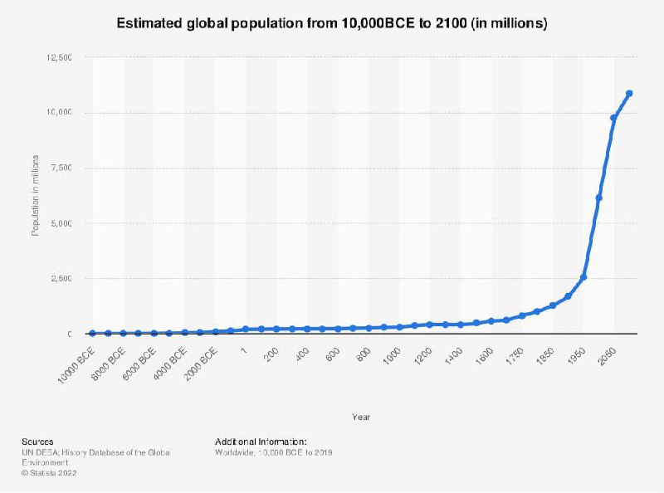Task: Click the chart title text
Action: click(332, 24)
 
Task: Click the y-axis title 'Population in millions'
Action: click(35, 196)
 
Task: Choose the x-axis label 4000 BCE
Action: click(170, 362)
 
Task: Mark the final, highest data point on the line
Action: click(629, 93)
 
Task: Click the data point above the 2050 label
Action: click(614, 118)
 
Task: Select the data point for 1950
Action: click(583, 277)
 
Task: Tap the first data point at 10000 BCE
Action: click(91, 333)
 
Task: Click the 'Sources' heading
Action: click(38, 442)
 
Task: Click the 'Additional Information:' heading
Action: click(261, 442)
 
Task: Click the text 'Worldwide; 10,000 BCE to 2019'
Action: click(274, 452)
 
